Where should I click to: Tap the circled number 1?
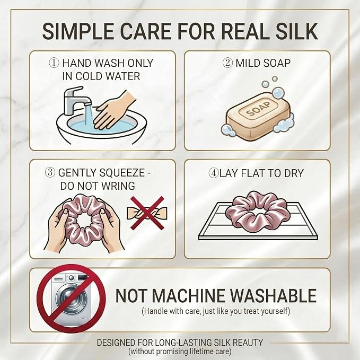(54, 63)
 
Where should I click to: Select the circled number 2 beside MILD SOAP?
(227, 63)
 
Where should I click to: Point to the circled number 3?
(50, 173)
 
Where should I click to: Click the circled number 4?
(213, 173)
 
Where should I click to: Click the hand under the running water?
(114, 110)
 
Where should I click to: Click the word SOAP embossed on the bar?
(258, 109)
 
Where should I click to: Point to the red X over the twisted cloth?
(147, 213)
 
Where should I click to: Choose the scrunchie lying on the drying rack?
(256, 211)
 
